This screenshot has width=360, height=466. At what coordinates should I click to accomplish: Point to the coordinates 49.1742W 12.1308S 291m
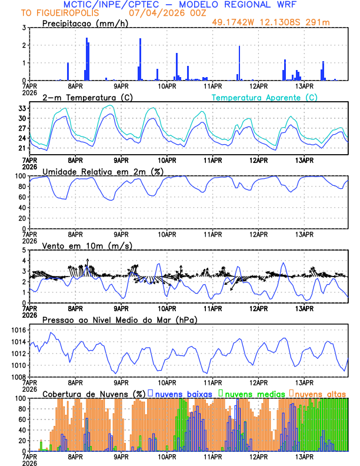point(279,22)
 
